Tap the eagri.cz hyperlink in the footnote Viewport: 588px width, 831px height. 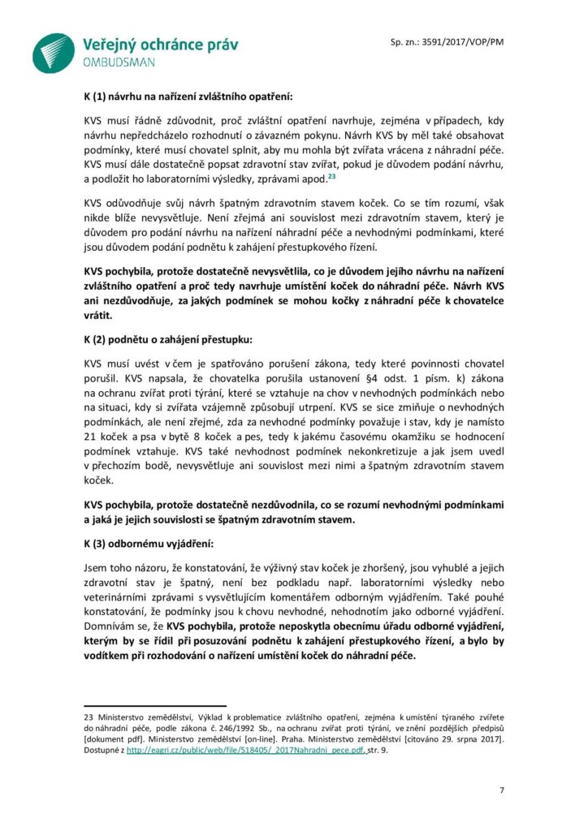(x=244, y=751)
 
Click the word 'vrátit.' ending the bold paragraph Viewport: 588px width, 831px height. (x=98, y=316)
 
